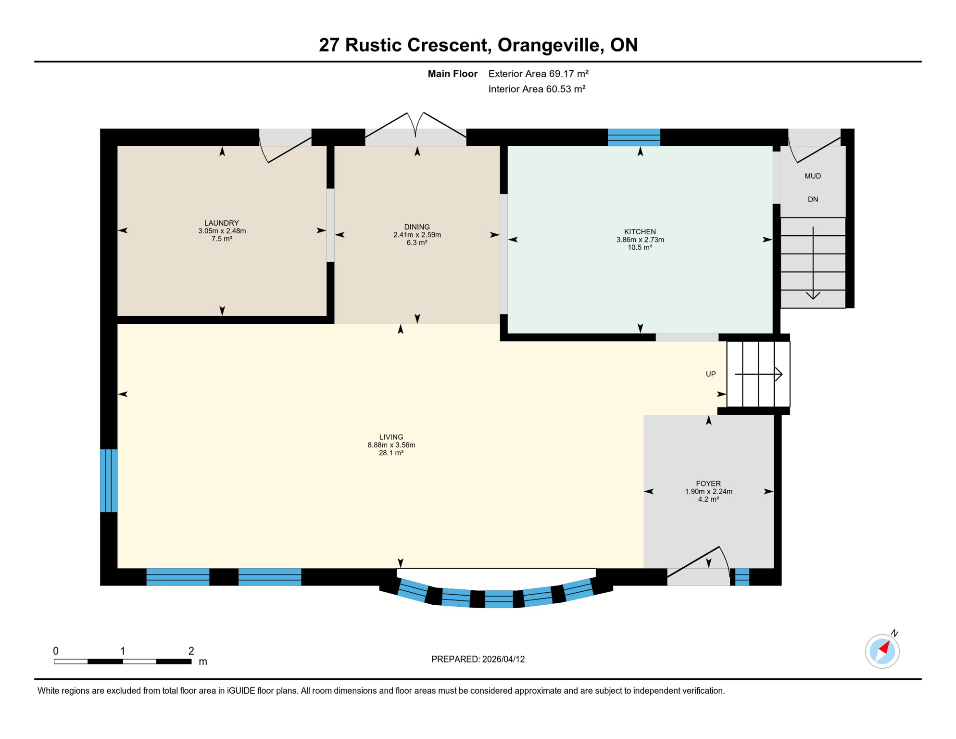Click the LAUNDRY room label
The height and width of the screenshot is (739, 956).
pyautogui.click(x=221, y=223)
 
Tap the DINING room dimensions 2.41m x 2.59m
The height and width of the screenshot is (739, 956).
pyautogui.click(x=417, y=235)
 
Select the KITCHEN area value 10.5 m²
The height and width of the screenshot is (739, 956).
pyautogui.click(x=640, y=247)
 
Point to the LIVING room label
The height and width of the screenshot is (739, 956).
pyautogui.click(x=391, y=437)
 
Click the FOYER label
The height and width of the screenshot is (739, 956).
pyautogui.click(x=708, y=484)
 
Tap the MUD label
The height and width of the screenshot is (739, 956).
pyautogui.click(x=812, y=176)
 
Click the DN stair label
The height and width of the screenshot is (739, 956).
pyautogui.click(x=812, y=199)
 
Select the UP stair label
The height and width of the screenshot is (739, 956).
pyautogui.click(x=710, y=374)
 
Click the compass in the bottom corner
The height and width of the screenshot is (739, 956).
pyautogui.click(x=882, y=651)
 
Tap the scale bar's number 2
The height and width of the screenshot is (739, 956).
pyautogui.click(x=191, y=651)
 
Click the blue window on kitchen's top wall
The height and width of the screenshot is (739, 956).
pyautogui.click(x=633, y=137)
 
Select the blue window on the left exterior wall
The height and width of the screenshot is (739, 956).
pyautogui.click(x=109, y=480)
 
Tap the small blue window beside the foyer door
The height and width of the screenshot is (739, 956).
pyautogui.click(x=742, y=576)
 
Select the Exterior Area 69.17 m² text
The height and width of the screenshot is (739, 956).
pyautogui.click(x=538, y=74)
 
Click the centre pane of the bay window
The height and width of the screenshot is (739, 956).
pyautogui.click(x=498, y=599)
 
